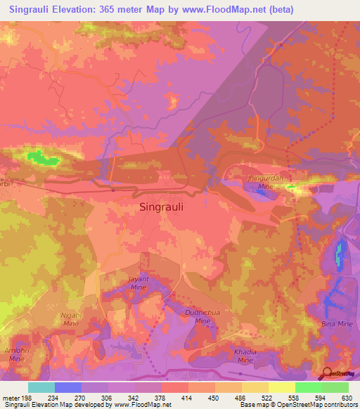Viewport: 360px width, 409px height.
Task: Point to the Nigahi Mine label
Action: pyautogui.click(x=70, y=320)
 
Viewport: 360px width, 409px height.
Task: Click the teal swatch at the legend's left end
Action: pyautogui.click(x=41, y=387)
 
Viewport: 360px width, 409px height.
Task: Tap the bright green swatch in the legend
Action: pyautogui.click(x=309, y=387)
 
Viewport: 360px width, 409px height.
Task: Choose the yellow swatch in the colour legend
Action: pyautogui.click(x=282, y=387)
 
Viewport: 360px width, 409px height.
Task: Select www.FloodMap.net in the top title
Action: pyautogui.click(x=226, y=9)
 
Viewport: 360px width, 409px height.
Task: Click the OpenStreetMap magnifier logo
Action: pyautogui.click(x=328, y=373)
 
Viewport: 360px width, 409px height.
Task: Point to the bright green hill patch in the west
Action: pyautogui.click(x=42, y=158)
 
